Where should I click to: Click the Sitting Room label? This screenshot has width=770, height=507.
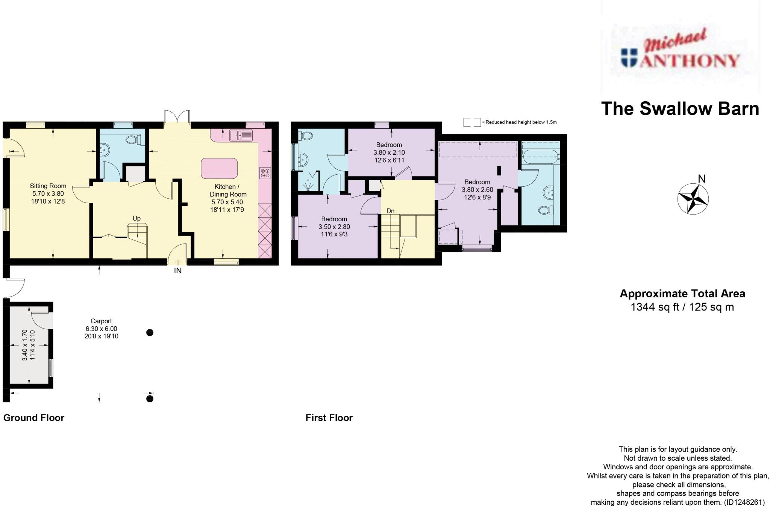(x=48, y=186)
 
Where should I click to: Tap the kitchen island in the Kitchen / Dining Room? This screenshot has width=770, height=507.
(x=219, y=168)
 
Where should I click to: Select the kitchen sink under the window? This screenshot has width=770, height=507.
(x=241, y=135)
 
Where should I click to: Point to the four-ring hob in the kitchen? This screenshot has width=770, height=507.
(x=265, y=173)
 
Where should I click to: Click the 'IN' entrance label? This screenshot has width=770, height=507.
(x=177, y=271)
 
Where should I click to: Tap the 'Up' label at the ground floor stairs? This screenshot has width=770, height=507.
(x=136, y=218)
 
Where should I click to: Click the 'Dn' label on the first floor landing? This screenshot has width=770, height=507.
(x=390, y=211)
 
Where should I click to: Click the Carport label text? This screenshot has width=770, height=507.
(x=101, y=321)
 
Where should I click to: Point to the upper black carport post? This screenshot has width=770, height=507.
(x=150, y=333)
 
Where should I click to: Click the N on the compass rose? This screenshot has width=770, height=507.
(x=701, y=179)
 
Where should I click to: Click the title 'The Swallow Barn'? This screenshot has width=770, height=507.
(x=680, y=108)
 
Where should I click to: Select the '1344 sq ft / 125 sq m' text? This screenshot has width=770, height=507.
(x=682, y=307)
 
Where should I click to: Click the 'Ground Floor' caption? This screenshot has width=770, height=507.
(x=34, y=418)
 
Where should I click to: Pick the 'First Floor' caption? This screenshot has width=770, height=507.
(x=329, y=418)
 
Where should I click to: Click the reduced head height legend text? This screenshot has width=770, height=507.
(x=521, y=122)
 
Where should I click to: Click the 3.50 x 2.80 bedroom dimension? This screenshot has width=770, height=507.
(x=334, y=227)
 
